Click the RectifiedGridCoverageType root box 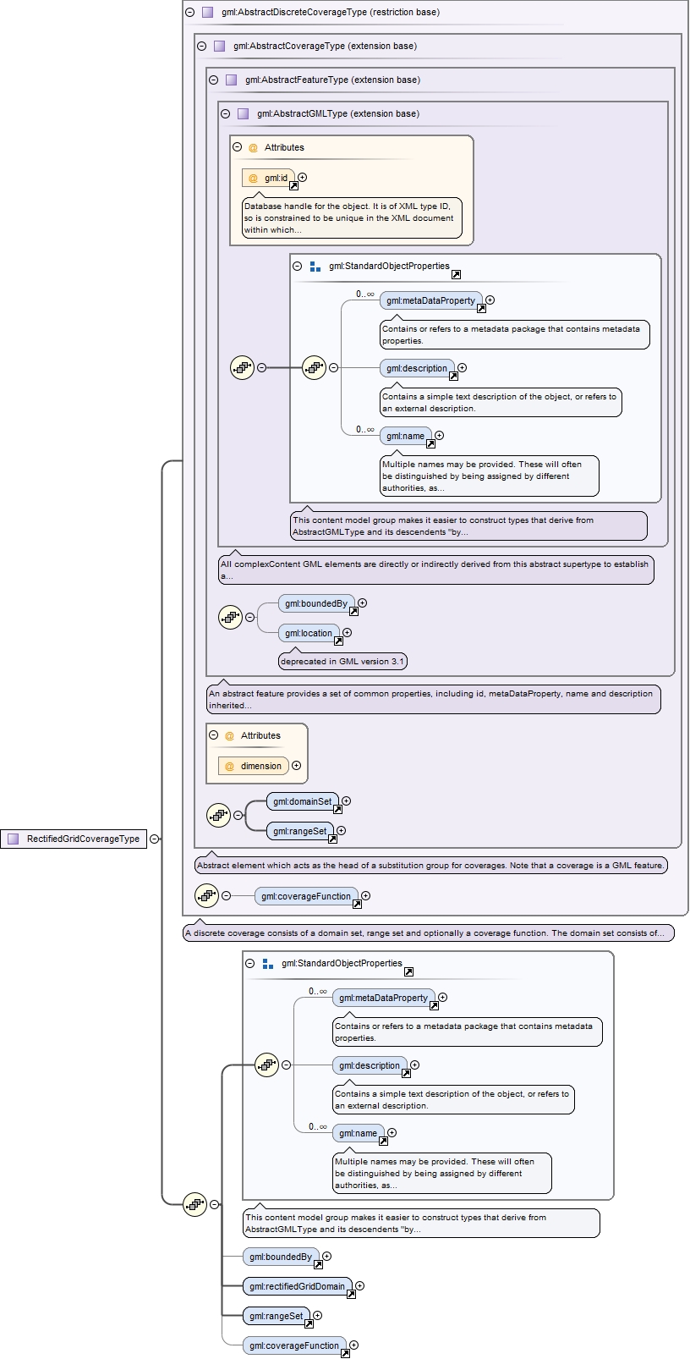[x=74, y=839]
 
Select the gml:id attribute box [x=269, y=178]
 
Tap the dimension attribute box [x=254, y=766]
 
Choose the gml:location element [x=309, y=633]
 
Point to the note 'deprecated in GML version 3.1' [x=342, y=662]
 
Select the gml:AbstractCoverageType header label [x=325, y=47]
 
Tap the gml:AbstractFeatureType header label [x=332, y=80]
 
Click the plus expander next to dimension [x=296, y=766]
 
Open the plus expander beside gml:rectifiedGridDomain [x=359, y=1286]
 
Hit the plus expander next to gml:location [x=347, y=632]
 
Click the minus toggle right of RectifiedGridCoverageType [x=154, y=839]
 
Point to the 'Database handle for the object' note [x=351, y=217]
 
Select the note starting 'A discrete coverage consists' [x=428, y=933]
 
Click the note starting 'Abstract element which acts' [x=430, y=866]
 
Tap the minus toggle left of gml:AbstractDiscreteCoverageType [x=189, y=13]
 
